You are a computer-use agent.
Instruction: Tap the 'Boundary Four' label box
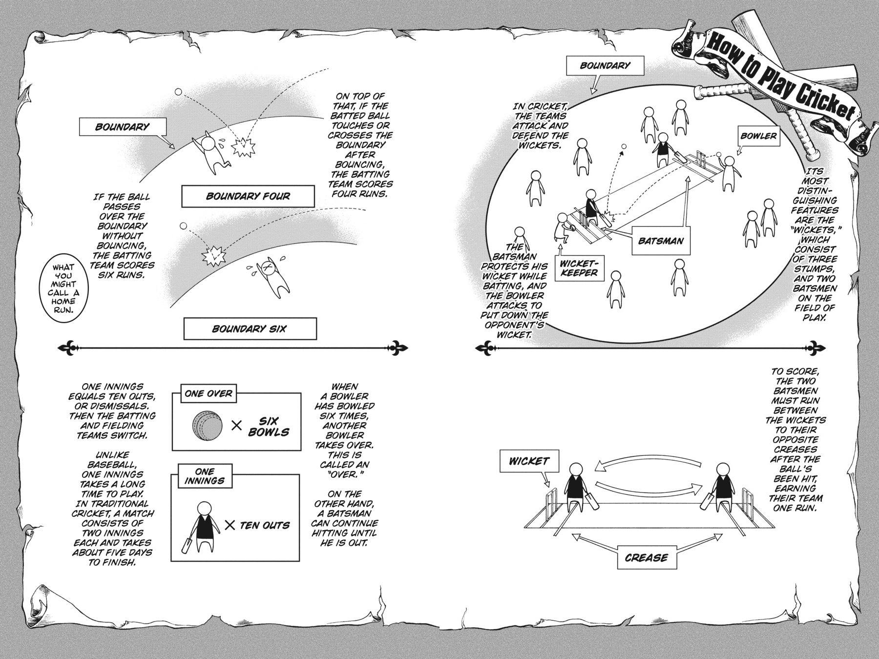[x=248, y=196]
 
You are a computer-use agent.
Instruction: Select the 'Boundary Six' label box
[x=250, y=329]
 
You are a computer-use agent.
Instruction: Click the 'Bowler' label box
[x=758, y=136]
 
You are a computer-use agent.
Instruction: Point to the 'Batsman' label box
[x=661, y=240]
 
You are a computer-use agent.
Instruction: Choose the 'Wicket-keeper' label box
[x=579, y=268]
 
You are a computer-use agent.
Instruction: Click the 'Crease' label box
[x=646, y=557]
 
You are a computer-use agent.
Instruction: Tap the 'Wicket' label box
[x=529, y=461]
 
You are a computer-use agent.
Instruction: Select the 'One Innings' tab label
[x=204, y=476]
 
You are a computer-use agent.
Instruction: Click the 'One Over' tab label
[x=209, y=393]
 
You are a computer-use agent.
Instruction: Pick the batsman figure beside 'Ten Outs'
[x=201, y=527]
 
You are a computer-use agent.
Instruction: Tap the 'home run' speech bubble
[x=63, y=288]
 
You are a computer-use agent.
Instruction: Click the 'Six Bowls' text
[x=269, y=427]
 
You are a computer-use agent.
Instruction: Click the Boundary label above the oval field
[x=605, y=65]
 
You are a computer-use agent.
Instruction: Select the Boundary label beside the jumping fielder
[x=122, y=127]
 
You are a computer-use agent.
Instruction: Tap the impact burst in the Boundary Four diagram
[x=243, y=147]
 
